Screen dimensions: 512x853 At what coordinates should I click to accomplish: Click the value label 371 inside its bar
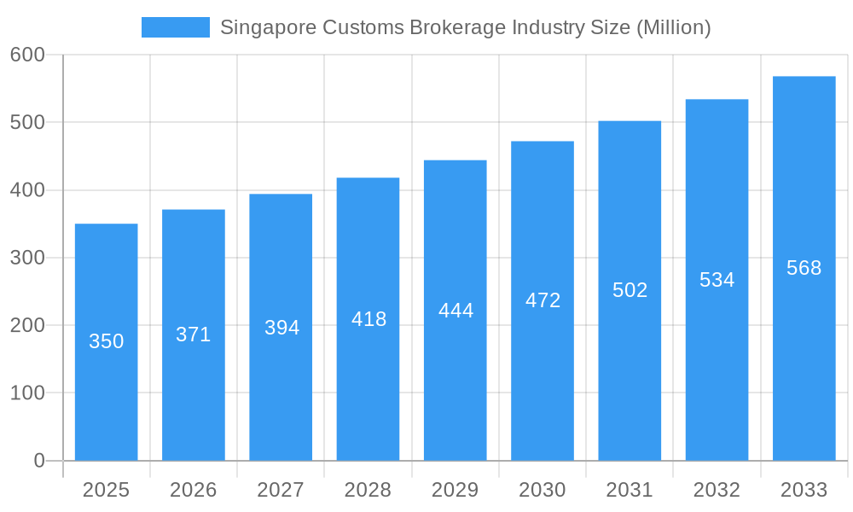pyautogui.click(x=194, y=335)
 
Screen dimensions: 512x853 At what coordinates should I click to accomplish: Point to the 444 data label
pyautogui.click(x=456, y=311)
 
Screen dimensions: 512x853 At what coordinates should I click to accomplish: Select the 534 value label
pyautogui.click(x=717, y=280)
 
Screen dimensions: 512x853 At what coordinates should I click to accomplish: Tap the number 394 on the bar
pyautogui.click(x=281, y=328)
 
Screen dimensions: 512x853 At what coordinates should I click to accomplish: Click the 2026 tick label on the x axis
pyautogui.click(x=193, y=490)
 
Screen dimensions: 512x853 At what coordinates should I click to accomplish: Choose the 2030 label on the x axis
pyautogui.click(x=542, y=490)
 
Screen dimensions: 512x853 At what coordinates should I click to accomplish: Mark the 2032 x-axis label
pyautogui.click(x=717, y=490)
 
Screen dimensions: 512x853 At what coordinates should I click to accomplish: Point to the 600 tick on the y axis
pyautogui.click(x=27, y=55)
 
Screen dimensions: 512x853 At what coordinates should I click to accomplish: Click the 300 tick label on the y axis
pyautogui.click(x=27, y=258)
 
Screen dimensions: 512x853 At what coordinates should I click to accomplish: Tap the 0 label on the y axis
pyautogui.click(x=38, y=461)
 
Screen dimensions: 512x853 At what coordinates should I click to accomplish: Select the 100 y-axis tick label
pyautogui.click(x=27, y=393)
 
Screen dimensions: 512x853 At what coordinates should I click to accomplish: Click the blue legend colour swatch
pyautogui.click(x=175, y=27)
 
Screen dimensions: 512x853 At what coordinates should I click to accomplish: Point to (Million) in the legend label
pyautogui.click(x=673, y=27)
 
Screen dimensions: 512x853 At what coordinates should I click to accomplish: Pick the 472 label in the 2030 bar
pyautogui.click(x=543, y=300)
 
